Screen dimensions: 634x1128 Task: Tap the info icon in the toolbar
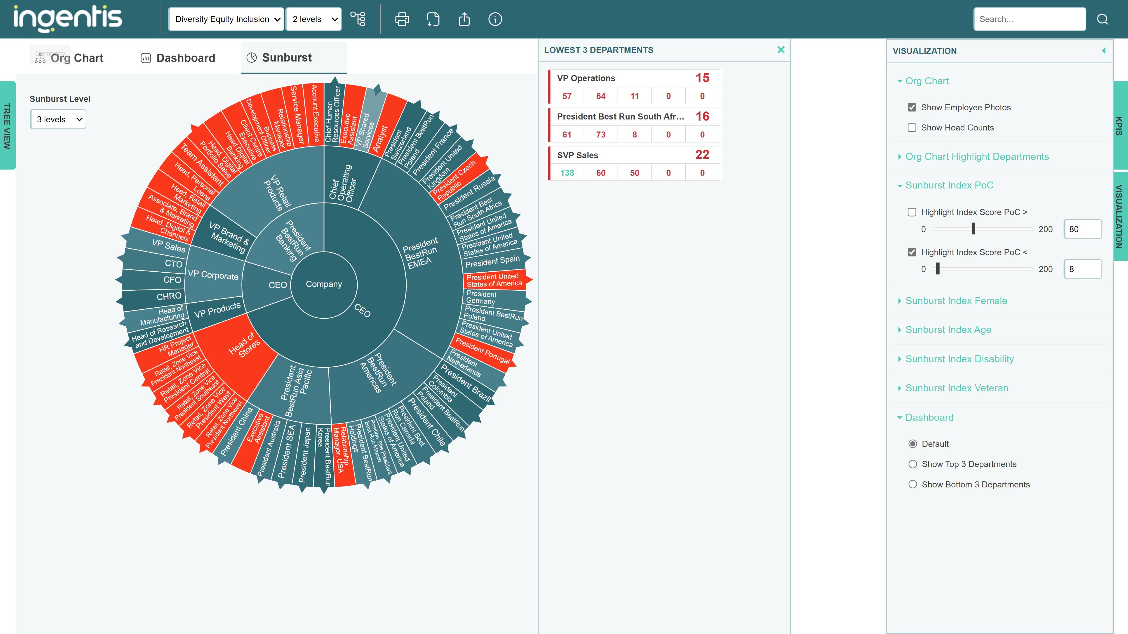point(495,19)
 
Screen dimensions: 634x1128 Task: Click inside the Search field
point(1029,19)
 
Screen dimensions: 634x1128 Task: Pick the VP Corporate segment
point(213,275)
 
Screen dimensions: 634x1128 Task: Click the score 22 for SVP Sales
point(702,155)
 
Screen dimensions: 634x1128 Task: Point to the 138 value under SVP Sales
point(567,173)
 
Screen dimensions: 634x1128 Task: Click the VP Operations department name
point(586,78)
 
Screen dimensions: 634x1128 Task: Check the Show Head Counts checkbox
point(912,128)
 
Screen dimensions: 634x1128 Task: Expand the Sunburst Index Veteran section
point(956,388)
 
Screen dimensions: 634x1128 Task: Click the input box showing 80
point(1083,229)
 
